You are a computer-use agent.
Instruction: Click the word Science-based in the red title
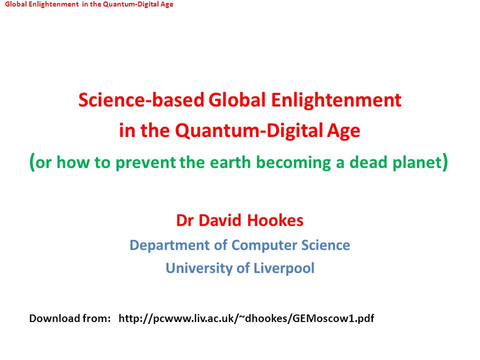pyautogui.click(x=141, y=100)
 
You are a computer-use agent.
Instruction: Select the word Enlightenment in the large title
pyautogui.click(x=336, y=100)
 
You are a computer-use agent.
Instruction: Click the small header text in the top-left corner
pyautogui.click(x=89, y=4)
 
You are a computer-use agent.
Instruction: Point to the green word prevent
pyautogui.click(x=145, y=162)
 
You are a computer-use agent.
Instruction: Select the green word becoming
pyautogui.click(x=293, y=162)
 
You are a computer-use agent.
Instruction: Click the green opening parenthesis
pyautogui.click(x=32, y=162)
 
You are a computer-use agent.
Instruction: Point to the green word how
pyautogui.click(x=72, y=162)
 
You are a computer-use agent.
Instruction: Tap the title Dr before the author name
pyautogui.click(x=185, y=220)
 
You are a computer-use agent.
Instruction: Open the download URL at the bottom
pyautogui.click(x=246, y=318)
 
